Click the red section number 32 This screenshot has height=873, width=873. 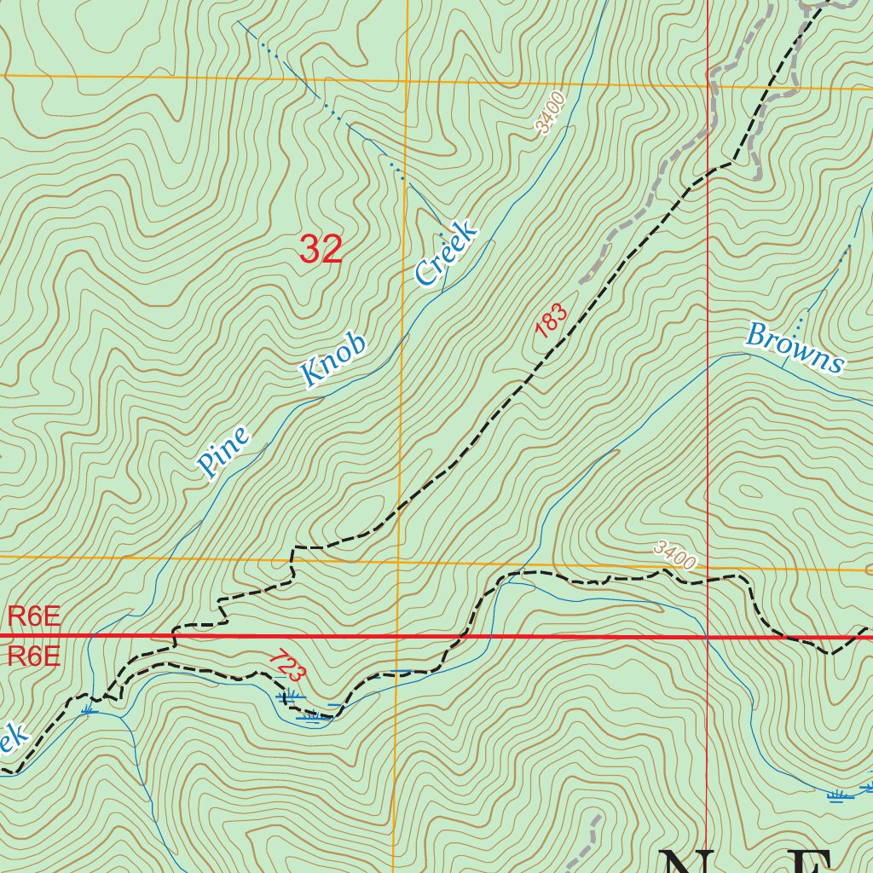tap(321, 249)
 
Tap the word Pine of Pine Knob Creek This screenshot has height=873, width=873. tap(223, 451)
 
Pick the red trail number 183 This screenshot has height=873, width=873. tap(552, 320)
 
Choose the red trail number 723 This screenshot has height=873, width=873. tap(286, 666)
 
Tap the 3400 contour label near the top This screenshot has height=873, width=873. tap(551, 114)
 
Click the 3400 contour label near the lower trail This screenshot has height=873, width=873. tap(676, 557)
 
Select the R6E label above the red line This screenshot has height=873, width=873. tap(34, 616)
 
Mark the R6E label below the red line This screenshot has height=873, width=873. tap(34, 656)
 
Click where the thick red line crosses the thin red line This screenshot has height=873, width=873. tap(708, 637)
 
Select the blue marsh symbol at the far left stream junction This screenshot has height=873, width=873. tap(89, 708)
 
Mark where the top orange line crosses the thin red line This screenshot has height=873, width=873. tap(708, 85)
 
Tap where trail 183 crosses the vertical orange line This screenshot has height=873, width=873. tap(401, 506)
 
